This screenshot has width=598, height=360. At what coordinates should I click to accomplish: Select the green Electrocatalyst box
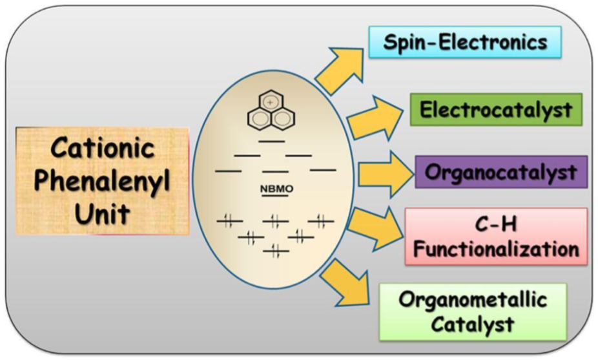pyautogui.click(x=495, y=109)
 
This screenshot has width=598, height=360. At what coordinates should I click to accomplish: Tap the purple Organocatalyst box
pyautogui.click(x=500, y=173)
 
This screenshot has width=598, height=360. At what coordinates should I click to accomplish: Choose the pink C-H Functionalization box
pyautogui.click(x=496, y=236)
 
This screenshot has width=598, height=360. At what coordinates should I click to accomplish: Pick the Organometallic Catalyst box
pyautogui.click(x=473, y=311)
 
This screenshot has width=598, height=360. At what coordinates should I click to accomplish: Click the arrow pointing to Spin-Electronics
pyautogui.click(x=338, y=69)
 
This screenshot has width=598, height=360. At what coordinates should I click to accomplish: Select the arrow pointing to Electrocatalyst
pyautogui.click(x=375, y=116)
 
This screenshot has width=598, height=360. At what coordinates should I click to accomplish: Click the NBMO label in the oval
pyautogui.click(x=276, y=189)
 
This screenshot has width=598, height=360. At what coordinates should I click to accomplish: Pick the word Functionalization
pyautogui.click(x=496, y=249)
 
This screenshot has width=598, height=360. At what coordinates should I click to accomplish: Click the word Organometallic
pyautogui.click(x=473, y=300)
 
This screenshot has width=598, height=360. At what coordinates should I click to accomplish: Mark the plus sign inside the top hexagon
pyautogui.click(x=271, y=101)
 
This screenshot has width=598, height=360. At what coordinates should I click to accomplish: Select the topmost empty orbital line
pyautogui.click(x=271, y=140)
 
